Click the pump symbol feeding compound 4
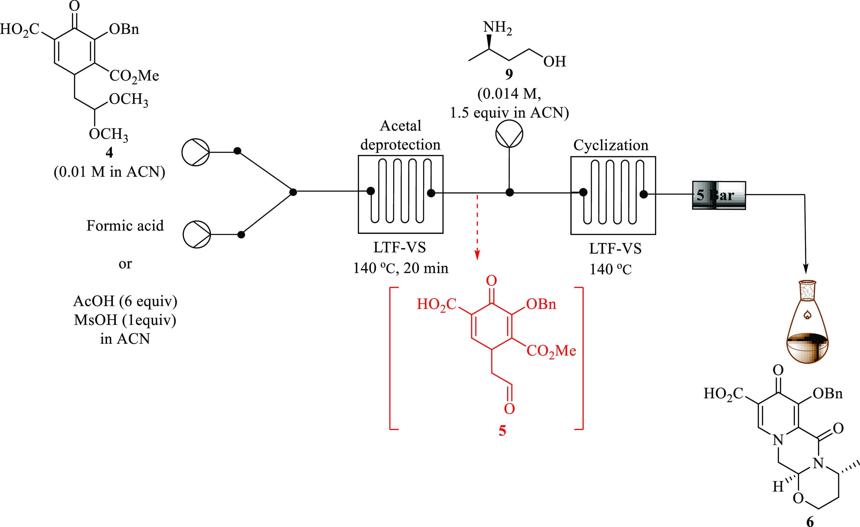[195, 152]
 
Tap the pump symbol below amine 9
[509, 134]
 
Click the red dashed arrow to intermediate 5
[477, 227]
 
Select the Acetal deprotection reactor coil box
[401, 194]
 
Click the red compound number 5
[502, 431]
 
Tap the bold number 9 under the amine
[509, 74]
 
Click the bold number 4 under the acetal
[109, 153]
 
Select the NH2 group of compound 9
[497, 27]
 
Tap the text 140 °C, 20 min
[401, 268]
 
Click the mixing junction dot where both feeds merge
[293, 192]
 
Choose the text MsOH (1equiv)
[125, 320]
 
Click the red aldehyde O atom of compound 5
[509, 409]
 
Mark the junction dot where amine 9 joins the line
[510, 192]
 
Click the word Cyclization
[611, 145]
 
